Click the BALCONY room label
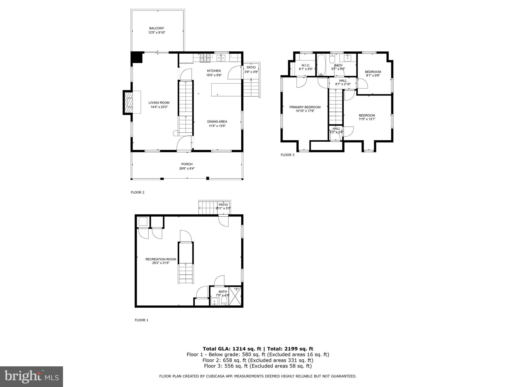pos(156,28)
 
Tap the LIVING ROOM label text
pos(159,103)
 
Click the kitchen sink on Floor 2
pos(221,58)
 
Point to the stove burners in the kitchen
pos(205,58)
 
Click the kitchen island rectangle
pos(226,90)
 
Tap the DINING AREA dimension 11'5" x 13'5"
pos(217,126)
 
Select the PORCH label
pos(187,164)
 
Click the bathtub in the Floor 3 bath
pos(321,65)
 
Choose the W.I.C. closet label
pos(305,66)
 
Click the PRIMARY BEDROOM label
pos(305,107)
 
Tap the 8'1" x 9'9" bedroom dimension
pos(373,75)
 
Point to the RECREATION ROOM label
pos(160,259)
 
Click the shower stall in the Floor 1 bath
pos(236,296)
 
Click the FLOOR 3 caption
pos(287,155)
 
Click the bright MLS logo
pos(31,376)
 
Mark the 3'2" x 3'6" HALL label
pos(336,132)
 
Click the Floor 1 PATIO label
pos(223,205)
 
